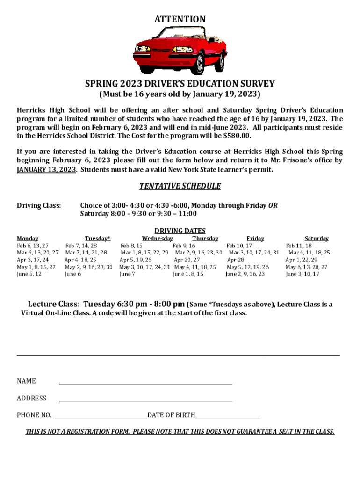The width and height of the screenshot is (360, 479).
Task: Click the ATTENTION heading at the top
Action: (x=180, y=19)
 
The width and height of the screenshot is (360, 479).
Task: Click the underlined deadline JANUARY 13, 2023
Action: (x=46, y=170)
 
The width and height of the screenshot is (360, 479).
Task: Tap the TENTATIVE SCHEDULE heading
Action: (x=180, y=186)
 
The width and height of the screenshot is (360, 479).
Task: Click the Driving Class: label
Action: (x=39, y=205)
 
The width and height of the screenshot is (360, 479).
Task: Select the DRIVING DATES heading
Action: (x=180, y=231)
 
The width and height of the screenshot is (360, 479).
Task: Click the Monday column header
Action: (x=28, y=239)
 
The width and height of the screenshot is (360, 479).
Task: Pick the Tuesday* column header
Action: (x=98, y=239)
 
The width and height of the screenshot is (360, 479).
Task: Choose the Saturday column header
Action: (x=317, y=239)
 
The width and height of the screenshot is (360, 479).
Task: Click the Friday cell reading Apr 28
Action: (x=236, y=260)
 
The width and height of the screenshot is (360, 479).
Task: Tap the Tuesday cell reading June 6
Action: (x=73, y=274)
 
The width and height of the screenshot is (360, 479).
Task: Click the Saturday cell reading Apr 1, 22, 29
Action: (x=302, y=260)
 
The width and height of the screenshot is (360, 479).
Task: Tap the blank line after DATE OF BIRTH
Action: (x=228, y=416)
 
